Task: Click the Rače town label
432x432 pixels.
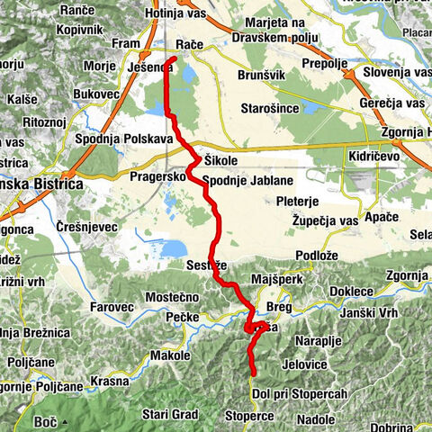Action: coord(190,44)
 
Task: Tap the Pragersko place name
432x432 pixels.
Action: coord(157,178)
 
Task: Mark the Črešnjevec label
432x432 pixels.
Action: coord(86,226)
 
